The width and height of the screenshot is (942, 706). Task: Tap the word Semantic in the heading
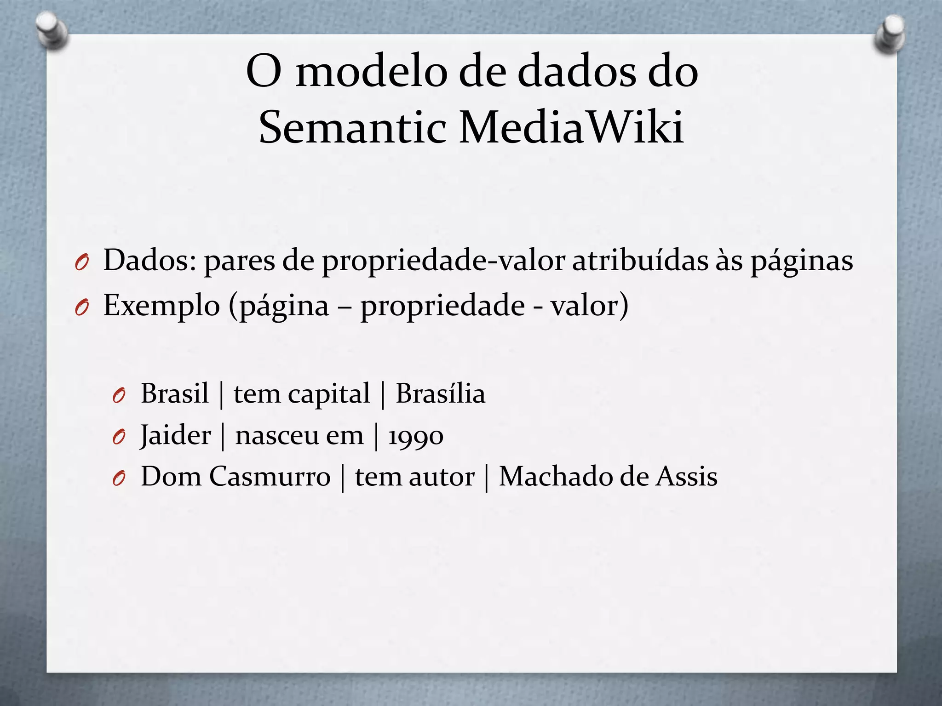pos(352,127)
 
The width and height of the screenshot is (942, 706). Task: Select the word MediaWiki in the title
pos(572,127)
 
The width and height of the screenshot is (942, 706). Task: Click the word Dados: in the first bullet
pos(150,260)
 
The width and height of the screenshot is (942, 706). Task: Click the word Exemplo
pos(161,306)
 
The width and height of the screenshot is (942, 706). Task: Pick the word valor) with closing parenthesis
pos(590,306)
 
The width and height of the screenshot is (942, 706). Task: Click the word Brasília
pos(441,394)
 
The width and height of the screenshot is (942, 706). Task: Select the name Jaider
pos(175,435)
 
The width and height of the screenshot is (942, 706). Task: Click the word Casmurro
pos(270,477)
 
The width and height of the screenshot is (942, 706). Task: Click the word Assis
pos(686,477)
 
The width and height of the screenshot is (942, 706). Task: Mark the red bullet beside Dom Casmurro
pos(119,479)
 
